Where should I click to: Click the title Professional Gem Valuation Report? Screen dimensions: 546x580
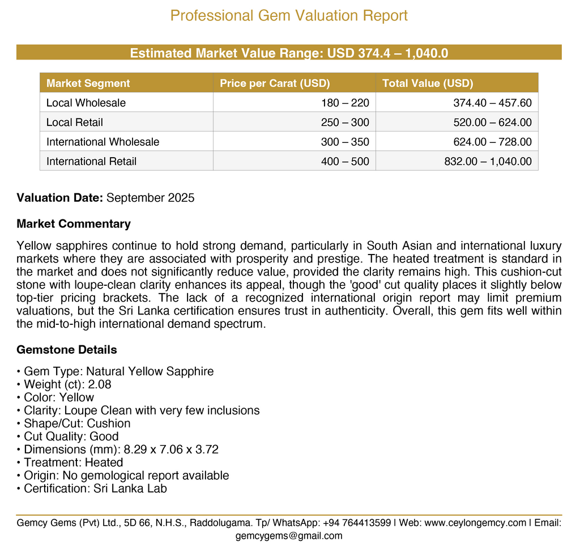(289, 15)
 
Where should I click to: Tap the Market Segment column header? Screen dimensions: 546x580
(88, 83)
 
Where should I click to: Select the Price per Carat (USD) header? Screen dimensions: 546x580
(275, 83)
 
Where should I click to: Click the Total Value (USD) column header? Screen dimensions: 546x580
(428, 83)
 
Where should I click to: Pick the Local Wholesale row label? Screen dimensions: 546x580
(86, 103)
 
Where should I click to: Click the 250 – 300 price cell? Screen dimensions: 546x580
(345, 122)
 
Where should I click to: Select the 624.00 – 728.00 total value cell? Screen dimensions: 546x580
(492, 142)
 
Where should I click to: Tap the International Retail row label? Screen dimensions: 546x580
(91, 161)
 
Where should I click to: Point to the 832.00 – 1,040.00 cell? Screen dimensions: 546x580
(488, 161)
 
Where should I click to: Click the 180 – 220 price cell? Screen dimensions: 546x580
(345, 103)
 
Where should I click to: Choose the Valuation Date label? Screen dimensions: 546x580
(59, 198)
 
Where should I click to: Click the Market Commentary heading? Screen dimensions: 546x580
(74, 223)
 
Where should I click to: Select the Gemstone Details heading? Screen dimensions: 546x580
(67, 349)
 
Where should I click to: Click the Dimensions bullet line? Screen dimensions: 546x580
(118, 450)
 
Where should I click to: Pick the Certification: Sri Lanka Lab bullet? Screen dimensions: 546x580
(92, 488)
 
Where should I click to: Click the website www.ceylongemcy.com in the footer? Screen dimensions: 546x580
(475, 523)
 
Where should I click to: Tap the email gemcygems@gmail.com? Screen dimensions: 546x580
(289, 536)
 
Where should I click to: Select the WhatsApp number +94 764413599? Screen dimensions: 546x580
(356, 523)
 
